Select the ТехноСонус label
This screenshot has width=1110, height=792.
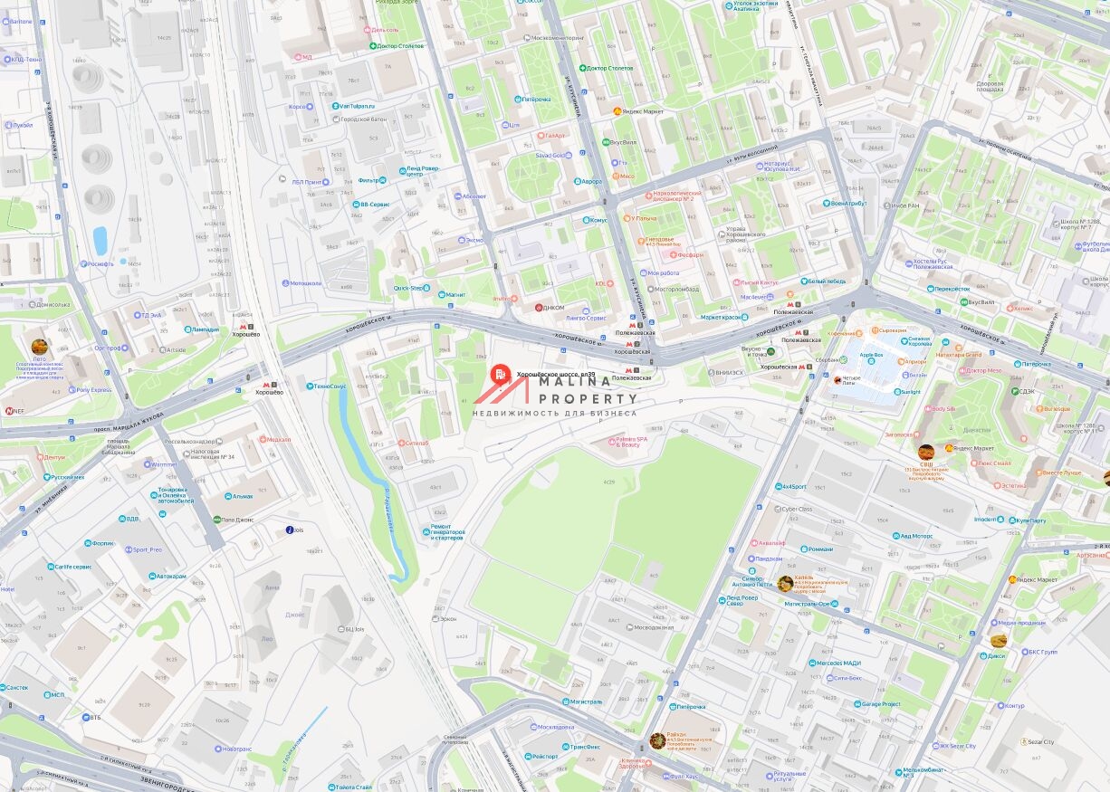(x=330, y=386)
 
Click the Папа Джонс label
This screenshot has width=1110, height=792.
(x=237, y=520)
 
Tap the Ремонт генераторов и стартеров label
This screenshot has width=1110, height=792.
(x=446, y=532)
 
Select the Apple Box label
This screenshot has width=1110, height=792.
(x=871, y=355)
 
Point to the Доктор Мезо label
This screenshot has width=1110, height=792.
(x=983, y=370)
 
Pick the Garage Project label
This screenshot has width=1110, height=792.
(x=880, y=703)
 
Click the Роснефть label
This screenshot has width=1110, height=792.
(x=100, y=264)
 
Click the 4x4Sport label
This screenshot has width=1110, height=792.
(x=793, y=486)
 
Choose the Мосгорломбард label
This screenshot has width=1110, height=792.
(x=675, y=290)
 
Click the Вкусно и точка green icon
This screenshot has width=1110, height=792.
(x=770, y=351)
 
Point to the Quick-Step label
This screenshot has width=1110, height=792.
(x=408, y=288)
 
